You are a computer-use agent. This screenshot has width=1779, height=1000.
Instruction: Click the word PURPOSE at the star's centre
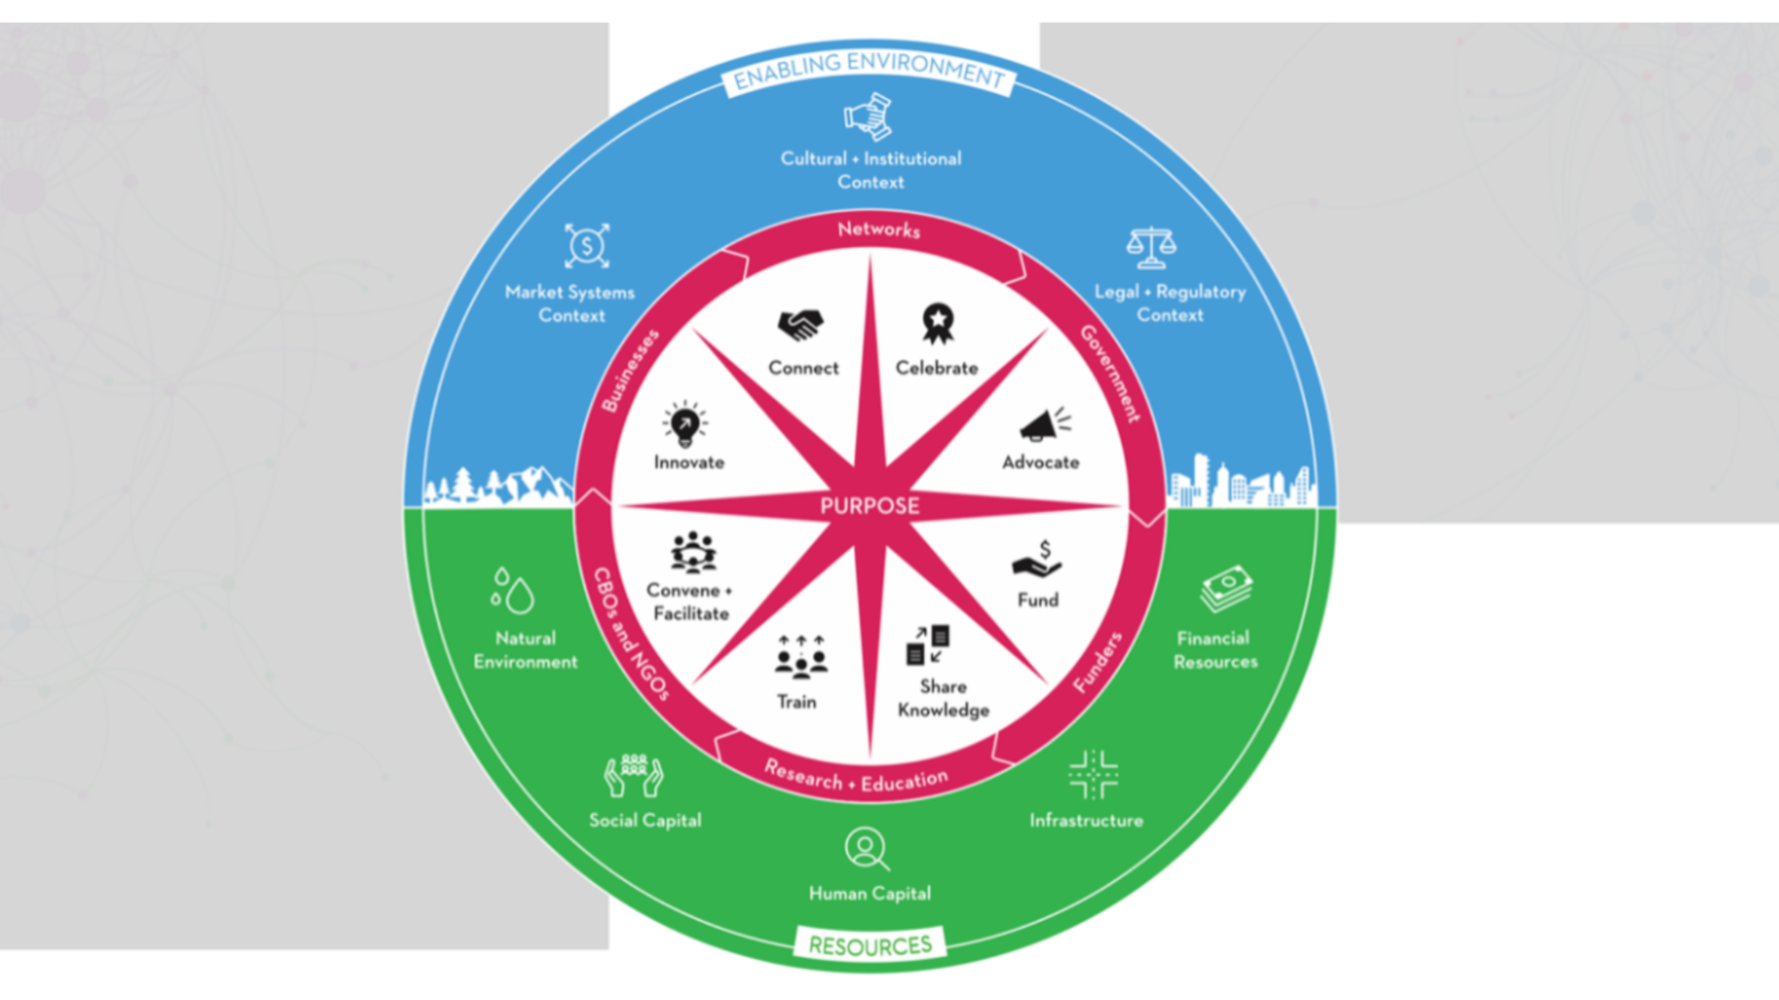870,506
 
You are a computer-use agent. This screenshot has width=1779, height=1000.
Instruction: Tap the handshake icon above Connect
800,323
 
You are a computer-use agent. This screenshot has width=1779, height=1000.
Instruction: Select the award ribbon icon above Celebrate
937,322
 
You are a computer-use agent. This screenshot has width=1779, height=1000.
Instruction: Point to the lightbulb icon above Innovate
685,424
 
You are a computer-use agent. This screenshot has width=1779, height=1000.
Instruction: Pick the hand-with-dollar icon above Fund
1037,560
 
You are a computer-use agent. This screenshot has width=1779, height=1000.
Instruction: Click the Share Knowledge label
943,697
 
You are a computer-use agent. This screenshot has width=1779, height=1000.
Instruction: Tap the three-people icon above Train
800,656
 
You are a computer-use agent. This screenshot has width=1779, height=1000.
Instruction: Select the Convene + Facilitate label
690,601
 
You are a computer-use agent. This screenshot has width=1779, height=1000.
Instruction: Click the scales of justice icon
1151,247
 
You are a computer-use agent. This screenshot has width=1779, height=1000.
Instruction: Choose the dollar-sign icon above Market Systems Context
587,245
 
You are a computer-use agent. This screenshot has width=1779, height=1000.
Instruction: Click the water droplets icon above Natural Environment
512,591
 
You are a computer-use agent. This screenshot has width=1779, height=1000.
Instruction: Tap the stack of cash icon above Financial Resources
1226,589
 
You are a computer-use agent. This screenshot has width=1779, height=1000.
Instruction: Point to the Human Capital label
870,893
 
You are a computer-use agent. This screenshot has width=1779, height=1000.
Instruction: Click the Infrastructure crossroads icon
1093,773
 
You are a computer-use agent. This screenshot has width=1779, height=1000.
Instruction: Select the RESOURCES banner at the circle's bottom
870,946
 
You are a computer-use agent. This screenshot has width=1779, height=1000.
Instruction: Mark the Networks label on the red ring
879,229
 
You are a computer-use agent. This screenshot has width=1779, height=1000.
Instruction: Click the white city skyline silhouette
1242,484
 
